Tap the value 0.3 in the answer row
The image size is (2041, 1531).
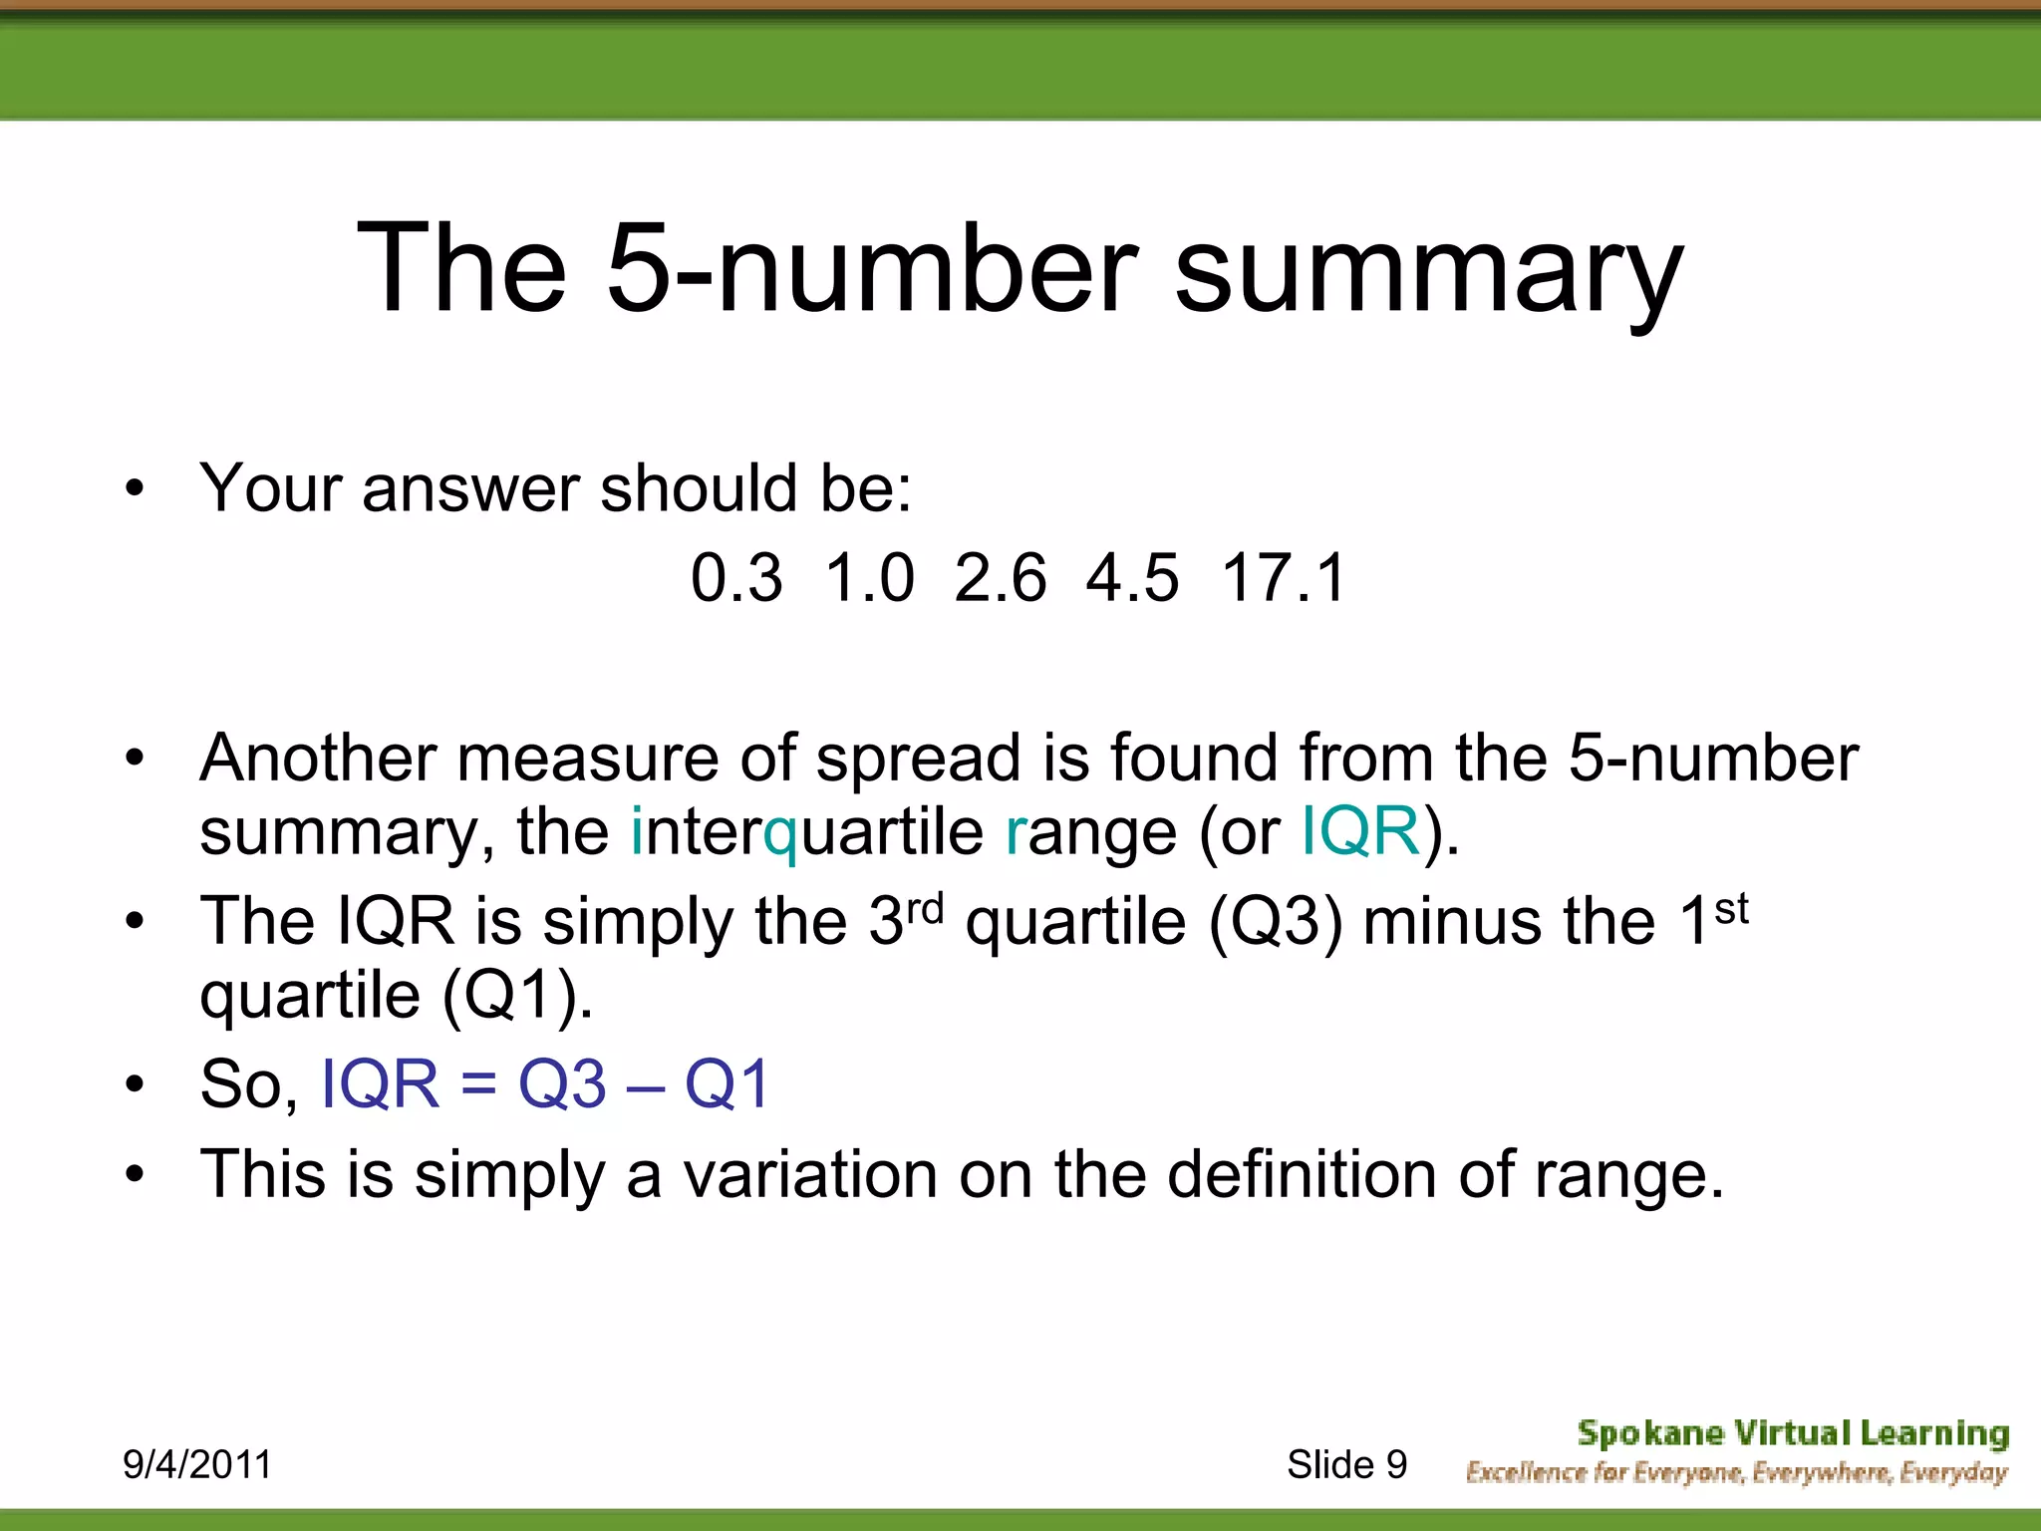736,578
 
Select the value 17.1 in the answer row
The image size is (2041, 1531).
1284,578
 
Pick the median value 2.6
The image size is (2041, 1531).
1000,578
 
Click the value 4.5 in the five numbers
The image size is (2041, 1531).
1132,578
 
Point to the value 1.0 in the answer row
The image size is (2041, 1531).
869,578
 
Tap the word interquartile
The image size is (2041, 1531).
807,832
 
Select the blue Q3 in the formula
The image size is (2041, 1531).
562,1083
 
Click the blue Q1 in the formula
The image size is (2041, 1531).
728,1083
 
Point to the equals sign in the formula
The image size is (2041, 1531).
478,1084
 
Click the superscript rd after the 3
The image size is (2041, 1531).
925,908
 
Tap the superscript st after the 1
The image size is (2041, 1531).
1731,908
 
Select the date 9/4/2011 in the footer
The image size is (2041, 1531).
196,1464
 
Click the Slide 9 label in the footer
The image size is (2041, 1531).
1346,1464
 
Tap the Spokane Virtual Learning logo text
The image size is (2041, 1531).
1792,1433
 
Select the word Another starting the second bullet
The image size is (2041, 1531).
318,758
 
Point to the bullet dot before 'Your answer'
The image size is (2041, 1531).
135,489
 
